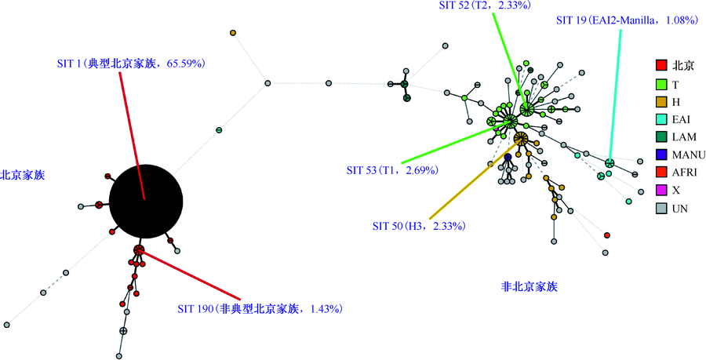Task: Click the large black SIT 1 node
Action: [146, 202]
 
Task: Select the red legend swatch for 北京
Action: [661, 66]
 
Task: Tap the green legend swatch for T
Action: [661, 84]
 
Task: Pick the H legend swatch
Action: [661, 102]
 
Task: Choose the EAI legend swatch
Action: [661, 119]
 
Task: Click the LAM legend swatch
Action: [661, 136]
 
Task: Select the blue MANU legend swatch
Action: [661, 155]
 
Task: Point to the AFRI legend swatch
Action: [661, 173]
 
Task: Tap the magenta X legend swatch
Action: [661, 191]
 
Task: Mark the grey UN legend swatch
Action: [661, 209]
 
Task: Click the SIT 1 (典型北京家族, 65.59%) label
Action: [132, 64]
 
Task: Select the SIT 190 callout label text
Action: [260, 309]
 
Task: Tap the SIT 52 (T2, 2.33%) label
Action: [486, 5]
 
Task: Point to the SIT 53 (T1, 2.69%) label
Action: [392, 170]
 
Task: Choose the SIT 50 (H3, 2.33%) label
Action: [418, 226]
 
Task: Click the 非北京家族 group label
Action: [529, 286]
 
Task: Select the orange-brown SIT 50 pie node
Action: [521, 139]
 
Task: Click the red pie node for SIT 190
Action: [139, 250]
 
